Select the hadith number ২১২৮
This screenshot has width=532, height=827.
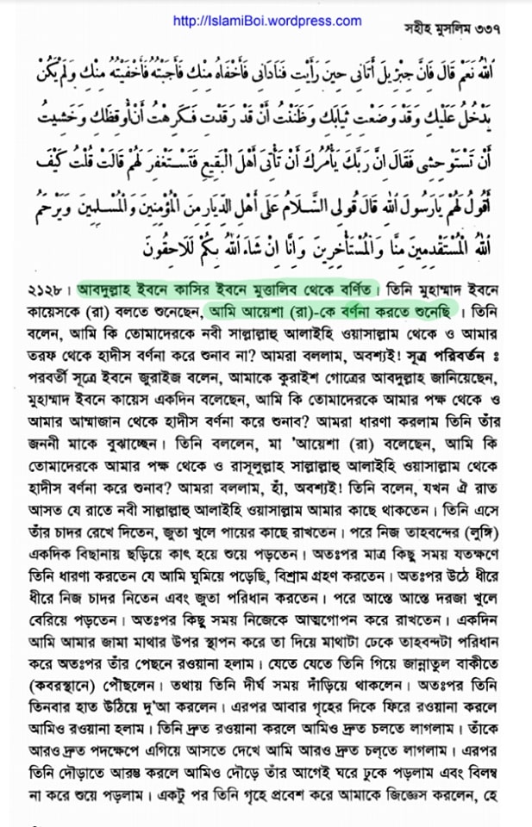coord(47,286)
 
